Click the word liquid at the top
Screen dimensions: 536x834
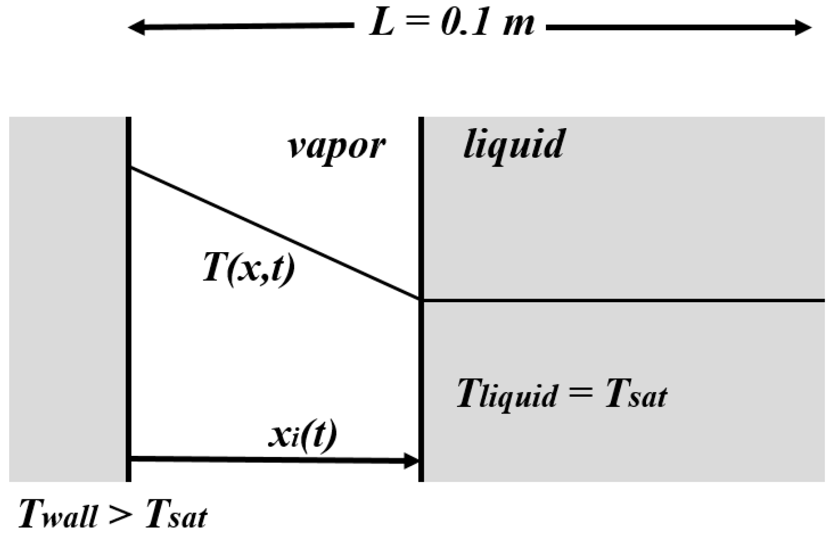pyautogui.click(x=513, y=144)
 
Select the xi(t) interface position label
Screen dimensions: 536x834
pyautogui.click(x=302, y=437)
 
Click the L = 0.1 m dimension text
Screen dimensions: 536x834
pyautogui.click(x=452, y=25)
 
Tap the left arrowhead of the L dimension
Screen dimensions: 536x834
pyautogui.click(x=135, y=27)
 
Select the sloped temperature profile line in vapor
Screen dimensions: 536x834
pyautogui.click(x=276, y=233)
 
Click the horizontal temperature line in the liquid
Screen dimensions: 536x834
pyautogui.click(x=623, y=300)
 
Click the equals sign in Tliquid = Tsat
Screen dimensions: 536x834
pyautogui.click(x=580, y=395)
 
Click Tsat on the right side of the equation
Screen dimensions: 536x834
pyautogui.click(x=636, y=395)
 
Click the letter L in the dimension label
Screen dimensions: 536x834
pyautogui.click(x=382, y=25)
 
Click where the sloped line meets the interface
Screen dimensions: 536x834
pyautogui.click(x=420, y=299)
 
